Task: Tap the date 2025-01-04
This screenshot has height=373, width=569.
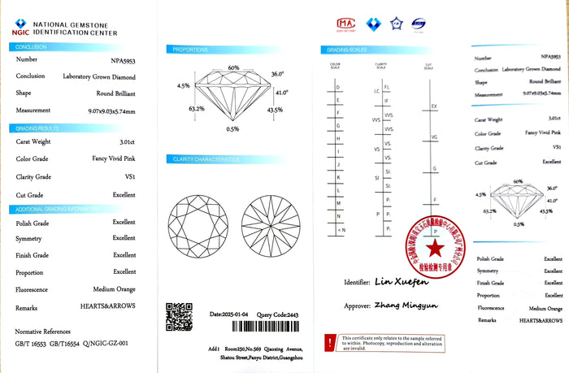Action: click(235, 313)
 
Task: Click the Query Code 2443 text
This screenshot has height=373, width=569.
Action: click(282, 313)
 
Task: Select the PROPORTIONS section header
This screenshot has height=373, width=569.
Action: click(190, 50)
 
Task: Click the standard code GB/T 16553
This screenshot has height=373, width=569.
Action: click(33, 345)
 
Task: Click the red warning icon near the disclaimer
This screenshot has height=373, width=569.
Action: click(329, 343)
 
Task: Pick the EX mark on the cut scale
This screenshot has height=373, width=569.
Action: click(434, 106)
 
